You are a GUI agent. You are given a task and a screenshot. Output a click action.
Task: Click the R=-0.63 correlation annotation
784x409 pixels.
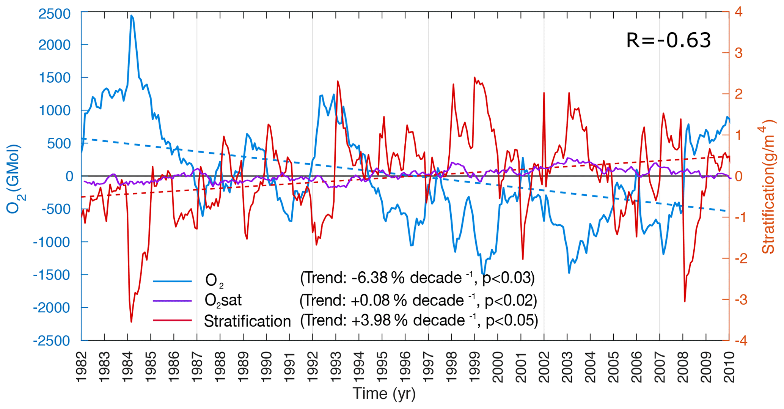click(668, 41)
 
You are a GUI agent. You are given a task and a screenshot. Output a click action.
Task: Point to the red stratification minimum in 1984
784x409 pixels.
click(131, 322)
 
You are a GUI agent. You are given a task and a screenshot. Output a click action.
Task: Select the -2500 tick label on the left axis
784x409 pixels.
click(52, 341)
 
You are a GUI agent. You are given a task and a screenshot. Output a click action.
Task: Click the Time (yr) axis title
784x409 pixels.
click(384, 394)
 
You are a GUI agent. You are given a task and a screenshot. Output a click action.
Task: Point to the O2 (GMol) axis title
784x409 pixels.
click(14, 179)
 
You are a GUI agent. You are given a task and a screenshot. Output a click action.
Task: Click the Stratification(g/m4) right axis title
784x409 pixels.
click(768, 186)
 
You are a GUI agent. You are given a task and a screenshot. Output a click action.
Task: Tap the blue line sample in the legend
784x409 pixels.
click(173, 281)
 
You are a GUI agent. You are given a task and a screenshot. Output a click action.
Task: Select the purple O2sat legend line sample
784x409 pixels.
click(173, 301)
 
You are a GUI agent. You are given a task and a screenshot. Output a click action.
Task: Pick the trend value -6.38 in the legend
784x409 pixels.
click(369, 278)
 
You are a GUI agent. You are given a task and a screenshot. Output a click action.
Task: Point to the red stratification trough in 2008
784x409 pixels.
click(685, 301)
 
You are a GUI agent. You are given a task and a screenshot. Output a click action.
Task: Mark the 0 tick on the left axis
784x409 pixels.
click(69, 176)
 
